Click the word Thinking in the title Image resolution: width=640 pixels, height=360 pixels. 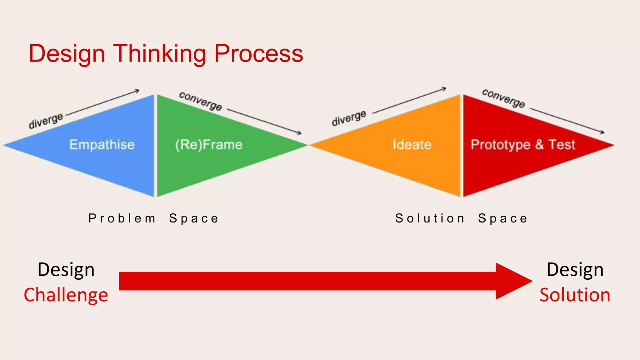[x=159, y=54]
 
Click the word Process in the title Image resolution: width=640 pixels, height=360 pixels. [x=258, y=54]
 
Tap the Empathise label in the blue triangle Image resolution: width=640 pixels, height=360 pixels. [x=102, y=145]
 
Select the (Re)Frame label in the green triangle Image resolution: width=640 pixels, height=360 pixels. [x=209, y=145]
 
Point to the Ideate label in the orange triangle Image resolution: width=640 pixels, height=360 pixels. [x=412, y=145]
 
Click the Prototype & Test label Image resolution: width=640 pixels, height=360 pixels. [x=523, y=145]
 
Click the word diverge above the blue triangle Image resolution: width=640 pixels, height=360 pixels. [x=46, y=121]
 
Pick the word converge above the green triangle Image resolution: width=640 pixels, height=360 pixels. [x=201, y=101]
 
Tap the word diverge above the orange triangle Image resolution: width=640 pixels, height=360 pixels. [x=349, y=118]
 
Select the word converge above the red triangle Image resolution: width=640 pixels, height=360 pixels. [x=503, y=98]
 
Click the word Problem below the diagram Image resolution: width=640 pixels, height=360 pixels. [x=122, y=218]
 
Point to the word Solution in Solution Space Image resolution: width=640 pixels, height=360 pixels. [x=430, y=218]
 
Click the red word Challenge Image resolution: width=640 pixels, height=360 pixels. [x=66, y=295]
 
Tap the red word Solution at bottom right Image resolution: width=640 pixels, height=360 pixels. [x=575, y=295]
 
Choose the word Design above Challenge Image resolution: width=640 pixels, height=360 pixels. [x=66, y=269]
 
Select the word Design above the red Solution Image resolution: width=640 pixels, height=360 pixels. [x=575, y=269]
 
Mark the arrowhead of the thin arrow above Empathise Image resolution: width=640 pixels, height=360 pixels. [x=137, y=91]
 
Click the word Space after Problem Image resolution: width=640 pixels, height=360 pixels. [x=194, y=218]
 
